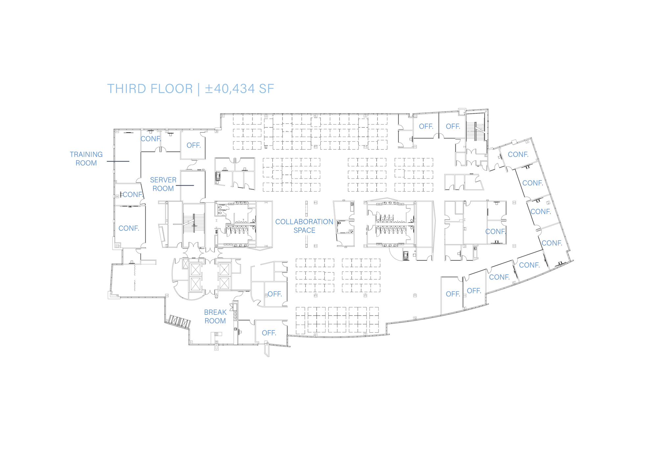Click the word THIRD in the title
(126, 89)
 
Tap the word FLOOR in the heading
(171, 89)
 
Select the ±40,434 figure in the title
(230, 89)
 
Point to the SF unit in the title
(266, 89)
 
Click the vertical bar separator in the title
(199, 89)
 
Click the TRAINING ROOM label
(86, 159)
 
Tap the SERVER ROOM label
(163, 184)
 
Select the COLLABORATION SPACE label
(304, 226)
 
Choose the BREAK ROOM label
(215, 317)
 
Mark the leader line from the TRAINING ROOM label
(118, 161)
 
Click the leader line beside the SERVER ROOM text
(185, 185)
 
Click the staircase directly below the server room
(194, 223)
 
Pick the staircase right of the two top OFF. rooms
(476, 131)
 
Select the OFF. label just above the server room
(193, 145)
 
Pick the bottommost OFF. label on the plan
(269, 333)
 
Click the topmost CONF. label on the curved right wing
(518, 155)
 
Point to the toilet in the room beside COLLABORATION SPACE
(339, 223)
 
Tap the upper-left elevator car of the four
(195, 270)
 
